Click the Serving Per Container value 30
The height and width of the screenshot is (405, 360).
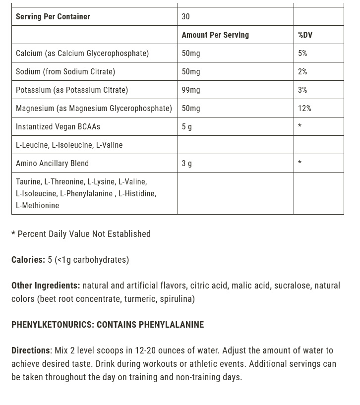185,16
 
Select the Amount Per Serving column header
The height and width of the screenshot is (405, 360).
215,35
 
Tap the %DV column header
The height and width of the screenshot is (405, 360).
305,35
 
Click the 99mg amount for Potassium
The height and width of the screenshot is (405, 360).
191,90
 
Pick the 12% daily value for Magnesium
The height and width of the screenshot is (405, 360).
304,108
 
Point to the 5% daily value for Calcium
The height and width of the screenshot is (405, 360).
302,53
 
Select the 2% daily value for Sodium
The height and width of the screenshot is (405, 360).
302,71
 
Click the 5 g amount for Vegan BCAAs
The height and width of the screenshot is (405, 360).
187,126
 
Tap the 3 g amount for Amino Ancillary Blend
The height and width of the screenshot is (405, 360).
187,163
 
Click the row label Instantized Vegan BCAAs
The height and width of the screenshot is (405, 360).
58,126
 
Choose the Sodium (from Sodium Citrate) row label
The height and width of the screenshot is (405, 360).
65,71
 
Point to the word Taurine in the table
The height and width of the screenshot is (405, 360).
28,181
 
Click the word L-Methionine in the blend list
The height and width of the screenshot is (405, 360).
37,205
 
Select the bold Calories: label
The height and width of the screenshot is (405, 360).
28,259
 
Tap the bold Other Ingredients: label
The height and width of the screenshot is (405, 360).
46,285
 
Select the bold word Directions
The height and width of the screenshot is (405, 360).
31,350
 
